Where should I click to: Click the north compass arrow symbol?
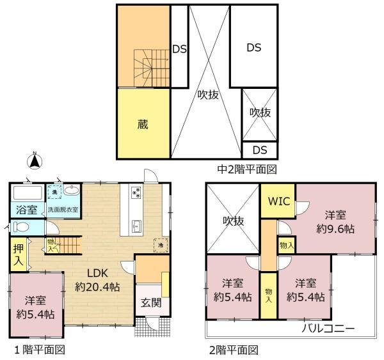click(x=35, y=160)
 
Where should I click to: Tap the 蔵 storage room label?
click(x=143, y=124)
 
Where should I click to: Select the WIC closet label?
click(x=279, y=201)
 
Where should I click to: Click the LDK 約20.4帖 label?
click(x=97, y=280)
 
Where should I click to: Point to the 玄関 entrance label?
click(x=151, y=303)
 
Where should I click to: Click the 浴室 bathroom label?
click(x=27, y=210)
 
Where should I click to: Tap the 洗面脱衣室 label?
click(x=63, y=210)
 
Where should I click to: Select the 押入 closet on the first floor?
click(x=18, y=254)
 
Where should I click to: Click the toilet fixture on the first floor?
click(x=20, y=226)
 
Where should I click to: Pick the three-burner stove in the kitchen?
click(x=136, y=192)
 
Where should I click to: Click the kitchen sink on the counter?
click(x=137, y=226)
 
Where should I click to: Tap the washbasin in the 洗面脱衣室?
click(x=72, y=190)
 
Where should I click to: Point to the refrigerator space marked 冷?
click(x=161, y=245)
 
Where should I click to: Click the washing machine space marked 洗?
click(x=54, y=192)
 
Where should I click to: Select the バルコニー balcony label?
click(x=328, y=328)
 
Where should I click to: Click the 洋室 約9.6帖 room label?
click(x=335, y=222)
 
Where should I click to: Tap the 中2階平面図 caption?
click(x=247, y=169)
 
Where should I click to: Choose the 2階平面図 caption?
click(x=234, y=350)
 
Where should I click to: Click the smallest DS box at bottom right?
click(x=260, y=150)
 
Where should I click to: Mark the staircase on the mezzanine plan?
click(x=152, y=68)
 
